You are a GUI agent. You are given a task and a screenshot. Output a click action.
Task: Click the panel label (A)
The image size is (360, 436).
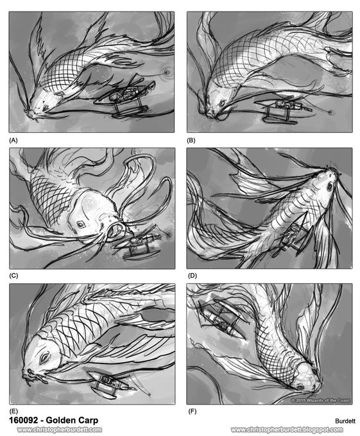click(13, 140)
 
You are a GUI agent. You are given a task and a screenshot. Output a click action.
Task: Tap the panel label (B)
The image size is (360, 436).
click(191, 140)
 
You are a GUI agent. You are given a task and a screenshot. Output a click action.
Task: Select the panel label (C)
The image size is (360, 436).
click(13, 276)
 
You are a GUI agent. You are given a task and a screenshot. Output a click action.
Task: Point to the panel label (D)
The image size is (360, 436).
click(193, 276)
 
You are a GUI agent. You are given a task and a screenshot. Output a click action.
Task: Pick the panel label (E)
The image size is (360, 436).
click(13, 411)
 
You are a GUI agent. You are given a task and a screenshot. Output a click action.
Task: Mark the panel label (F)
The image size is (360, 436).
click(192, 411)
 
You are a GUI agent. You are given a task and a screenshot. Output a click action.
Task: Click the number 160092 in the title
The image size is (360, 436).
click(23, 420)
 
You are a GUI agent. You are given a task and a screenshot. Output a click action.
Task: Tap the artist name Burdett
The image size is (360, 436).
click(345, 421)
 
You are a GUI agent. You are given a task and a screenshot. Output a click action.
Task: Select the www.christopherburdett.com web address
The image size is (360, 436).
click(59, 430)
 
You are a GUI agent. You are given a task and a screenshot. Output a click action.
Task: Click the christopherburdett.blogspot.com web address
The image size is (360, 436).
click(287, 430)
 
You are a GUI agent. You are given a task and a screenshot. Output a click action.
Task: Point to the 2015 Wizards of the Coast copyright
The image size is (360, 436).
click(320, 400)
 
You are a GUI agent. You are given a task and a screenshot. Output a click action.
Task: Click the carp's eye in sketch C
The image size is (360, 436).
click(81, 224)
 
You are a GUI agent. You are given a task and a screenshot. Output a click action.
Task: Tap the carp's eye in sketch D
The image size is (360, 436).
click(330, 187)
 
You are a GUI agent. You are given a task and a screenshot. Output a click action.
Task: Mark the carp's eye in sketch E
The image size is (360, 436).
click(44, 358)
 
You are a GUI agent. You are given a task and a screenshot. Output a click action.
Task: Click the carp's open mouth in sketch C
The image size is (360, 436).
click(115, 229)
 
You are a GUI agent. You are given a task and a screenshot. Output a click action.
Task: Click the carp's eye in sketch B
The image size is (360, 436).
click(222, 103)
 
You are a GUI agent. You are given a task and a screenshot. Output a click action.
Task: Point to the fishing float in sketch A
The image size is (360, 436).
click(167, 72)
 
